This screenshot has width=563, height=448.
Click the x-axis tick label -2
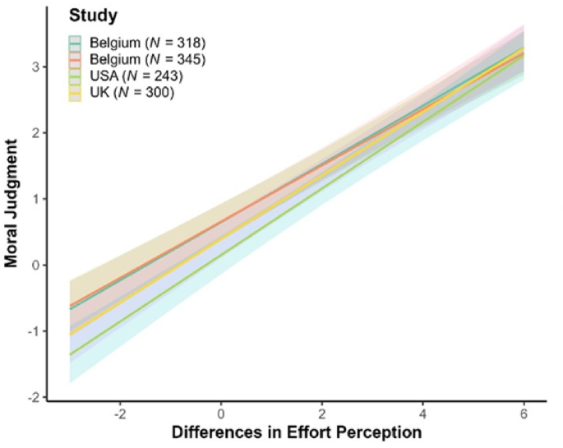[119, 414]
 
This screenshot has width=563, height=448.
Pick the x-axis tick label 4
[422, 414]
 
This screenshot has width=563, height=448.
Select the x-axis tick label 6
[523, 414]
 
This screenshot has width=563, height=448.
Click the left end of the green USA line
[70, 355]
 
